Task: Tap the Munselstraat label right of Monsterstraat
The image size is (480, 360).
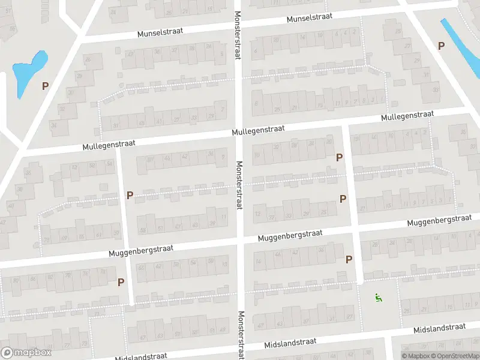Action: click(310, 19)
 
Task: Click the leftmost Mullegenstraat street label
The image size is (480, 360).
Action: click(110, 145)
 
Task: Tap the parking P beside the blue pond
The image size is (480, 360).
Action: click(45, 86)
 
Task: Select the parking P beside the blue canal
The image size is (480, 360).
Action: click(442, 46)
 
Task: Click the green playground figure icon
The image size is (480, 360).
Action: click(379, 296)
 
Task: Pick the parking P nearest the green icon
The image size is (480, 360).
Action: click(349, 259)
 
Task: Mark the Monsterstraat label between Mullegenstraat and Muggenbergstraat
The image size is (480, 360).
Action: click(239, 185)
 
